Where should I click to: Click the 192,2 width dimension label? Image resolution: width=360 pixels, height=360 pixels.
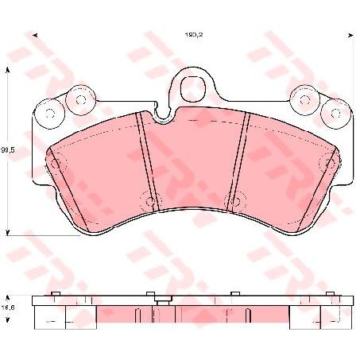(x=183, y=35)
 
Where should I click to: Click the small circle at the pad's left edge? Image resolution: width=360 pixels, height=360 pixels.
(x=54, y=162)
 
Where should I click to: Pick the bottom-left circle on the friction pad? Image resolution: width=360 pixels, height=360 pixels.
(x=145, y=199)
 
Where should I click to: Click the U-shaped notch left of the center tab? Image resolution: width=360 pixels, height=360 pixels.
(x=165, y=118)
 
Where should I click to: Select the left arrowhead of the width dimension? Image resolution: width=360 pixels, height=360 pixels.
(x=33, y=35)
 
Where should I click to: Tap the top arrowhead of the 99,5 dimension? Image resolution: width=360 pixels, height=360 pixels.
(x=8, y=68)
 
